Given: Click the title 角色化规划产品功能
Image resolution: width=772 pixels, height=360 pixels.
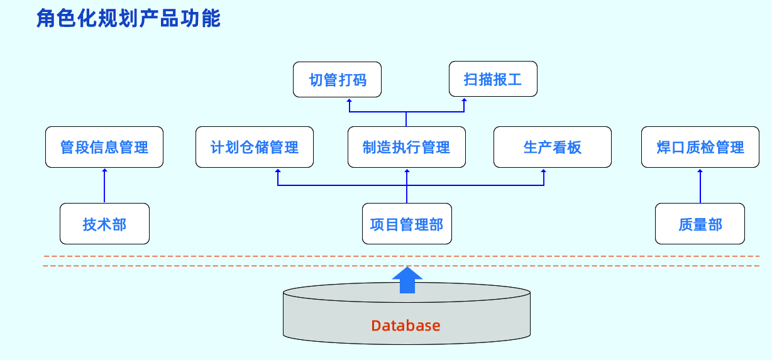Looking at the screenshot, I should pos(129,19).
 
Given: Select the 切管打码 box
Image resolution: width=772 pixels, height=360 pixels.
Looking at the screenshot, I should pos(338,79).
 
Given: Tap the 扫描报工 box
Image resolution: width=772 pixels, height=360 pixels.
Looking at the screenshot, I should pos(493,79).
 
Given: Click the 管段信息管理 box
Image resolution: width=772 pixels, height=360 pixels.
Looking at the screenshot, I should pos(104,147).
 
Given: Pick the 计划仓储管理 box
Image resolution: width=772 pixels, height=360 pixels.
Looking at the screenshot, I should pos(255,147).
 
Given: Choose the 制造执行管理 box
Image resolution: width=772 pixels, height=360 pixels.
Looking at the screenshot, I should pos(407,147).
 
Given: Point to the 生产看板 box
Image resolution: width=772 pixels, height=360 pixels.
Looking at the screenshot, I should pos(552,147).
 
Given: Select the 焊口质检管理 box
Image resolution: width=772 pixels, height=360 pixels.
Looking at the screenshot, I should pos(700,147).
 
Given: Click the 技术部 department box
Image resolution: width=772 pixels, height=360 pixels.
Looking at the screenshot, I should pos(104,224).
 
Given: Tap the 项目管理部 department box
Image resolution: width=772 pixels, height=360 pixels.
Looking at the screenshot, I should pos(407,224).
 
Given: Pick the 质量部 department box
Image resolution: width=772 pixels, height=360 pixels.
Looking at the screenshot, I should pos(700,224).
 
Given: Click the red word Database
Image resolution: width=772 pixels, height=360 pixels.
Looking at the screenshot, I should pos(405,325).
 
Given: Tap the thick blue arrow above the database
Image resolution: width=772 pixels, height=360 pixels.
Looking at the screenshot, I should pos(407,280).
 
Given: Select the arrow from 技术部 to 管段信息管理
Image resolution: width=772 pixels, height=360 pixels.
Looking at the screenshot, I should pos(104,185).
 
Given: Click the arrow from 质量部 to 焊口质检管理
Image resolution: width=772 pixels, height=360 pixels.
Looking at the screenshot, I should pos(700,185).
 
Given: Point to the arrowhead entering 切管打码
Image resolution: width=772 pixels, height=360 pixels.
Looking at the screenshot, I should pos(350,100).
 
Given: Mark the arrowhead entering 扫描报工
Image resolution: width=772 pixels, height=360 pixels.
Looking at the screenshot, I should pos(464,100).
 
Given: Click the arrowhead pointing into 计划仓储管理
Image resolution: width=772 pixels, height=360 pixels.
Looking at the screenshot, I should pos(278,171).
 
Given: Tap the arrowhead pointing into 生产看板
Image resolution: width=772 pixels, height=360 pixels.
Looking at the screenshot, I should pos(544,171).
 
